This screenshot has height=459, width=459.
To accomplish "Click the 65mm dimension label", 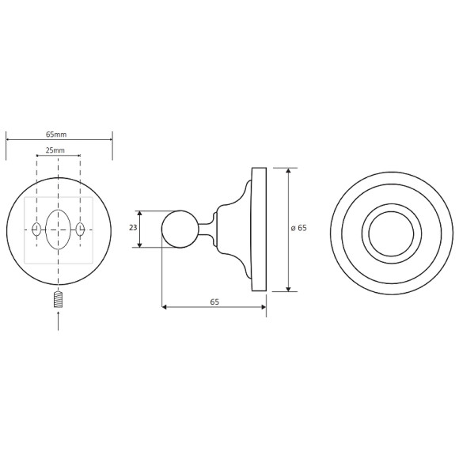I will click(x=56, y=135).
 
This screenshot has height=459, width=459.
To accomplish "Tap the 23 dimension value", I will click(x=133, y=228).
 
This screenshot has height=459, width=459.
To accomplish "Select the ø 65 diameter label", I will click(x=298, y=228).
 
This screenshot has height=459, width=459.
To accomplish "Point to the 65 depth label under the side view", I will click(x=214, y=302).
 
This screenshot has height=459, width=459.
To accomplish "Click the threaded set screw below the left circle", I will click(x=58, y=301).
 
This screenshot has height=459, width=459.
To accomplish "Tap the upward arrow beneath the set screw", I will click(x=58, y=321).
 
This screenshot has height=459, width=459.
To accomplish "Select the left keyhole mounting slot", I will click(x=36, y=229).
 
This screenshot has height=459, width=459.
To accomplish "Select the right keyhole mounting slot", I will click(x=80, y=229).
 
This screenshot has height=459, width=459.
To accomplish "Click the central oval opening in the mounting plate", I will click(x=58, y=229).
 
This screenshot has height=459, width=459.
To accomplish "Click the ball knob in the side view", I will click(x=180, y=229).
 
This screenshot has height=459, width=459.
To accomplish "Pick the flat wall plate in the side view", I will click(x=259, y=229).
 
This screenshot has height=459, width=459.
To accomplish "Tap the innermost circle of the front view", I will click(x=391, y=233).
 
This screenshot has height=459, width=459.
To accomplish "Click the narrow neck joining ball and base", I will click(x=207, y=229).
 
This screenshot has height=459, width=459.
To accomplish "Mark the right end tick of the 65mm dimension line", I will click(x=112, y=140).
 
